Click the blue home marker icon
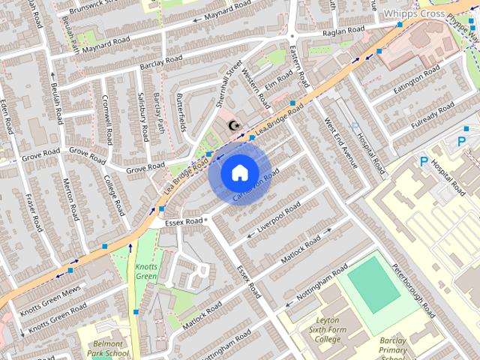[x=239, y=172]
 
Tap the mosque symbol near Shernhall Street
[x=234, y=125]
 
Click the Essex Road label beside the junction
[x=184, y=221]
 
